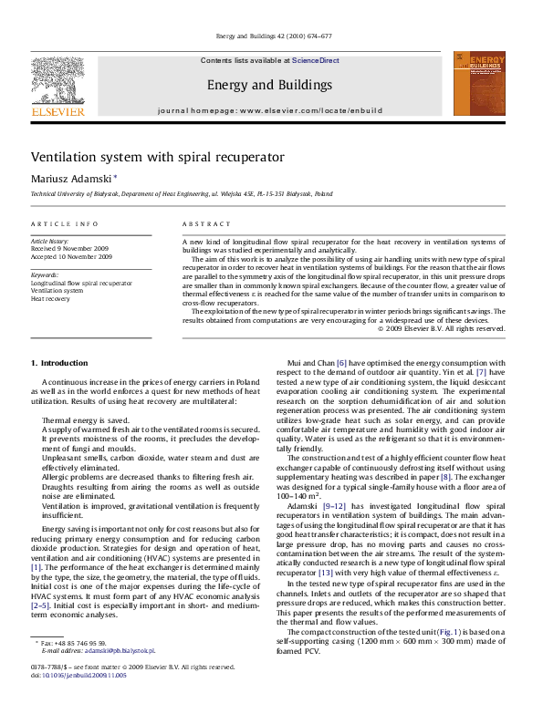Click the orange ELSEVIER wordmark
coord(57,111)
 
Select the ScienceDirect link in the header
coord(315,60)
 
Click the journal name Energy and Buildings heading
coord(269,85)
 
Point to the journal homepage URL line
coord(269,109)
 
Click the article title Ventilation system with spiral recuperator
coord(158,157)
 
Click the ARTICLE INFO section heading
coord(65,223)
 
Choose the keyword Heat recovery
coord(51,298)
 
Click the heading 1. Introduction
coord(59,363)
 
